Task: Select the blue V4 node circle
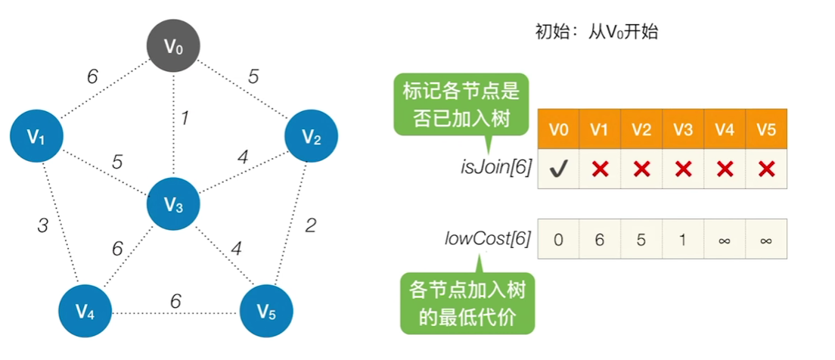(x=85, y=310)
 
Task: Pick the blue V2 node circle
(x=311, y=137)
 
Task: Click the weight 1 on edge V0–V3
(x=183, y=118)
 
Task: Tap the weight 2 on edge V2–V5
(x=309, y=225)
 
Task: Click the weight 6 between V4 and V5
(x=175, y=301)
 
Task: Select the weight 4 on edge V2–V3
(x=242, y=158)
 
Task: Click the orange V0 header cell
(x=558, y=129)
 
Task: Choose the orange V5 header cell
(x=766, y=129)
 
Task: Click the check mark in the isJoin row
(x=558, y=169)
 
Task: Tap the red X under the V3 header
(x=683, y=169)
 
